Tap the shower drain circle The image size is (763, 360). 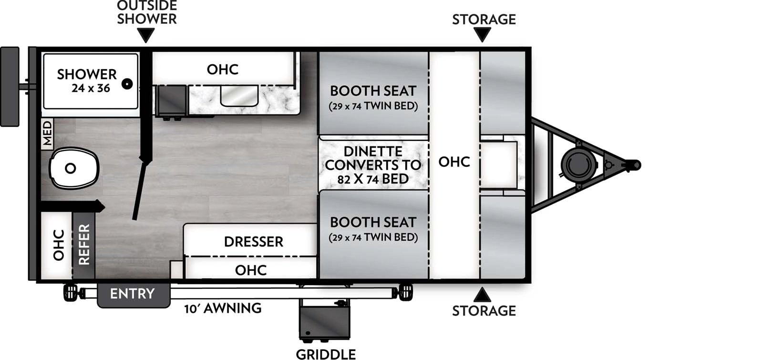[x=127, y=84]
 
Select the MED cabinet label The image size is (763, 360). [x=47, y=133]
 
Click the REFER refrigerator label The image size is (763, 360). [x=84, y=245]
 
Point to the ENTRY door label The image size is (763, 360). [x=132, y=294]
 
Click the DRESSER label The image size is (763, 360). [x=253, y=242]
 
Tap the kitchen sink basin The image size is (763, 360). [x=239, y=95]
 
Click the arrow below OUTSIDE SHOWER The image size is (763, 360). [x=145, y=35]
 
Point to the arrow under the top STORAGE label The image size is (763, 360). [x=482, y=34]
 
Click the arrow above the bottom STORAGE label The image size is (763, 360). [x=482, y=294]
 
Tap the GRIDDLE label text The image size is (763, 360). [x=326, y=354]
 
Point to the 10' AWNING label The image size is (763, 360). [x=223, y=309]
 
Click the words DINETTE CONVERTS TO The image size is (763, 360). [x=372, y=158]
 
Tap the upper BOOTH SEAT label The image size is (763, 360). [x=373, y=91]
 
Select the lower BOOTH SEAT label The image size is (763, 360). [x=373, y=222]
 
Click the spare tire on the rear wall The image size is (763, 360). [x=10, y=86]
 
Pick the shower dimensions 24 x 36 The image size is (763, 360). [x=91, y=88]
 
